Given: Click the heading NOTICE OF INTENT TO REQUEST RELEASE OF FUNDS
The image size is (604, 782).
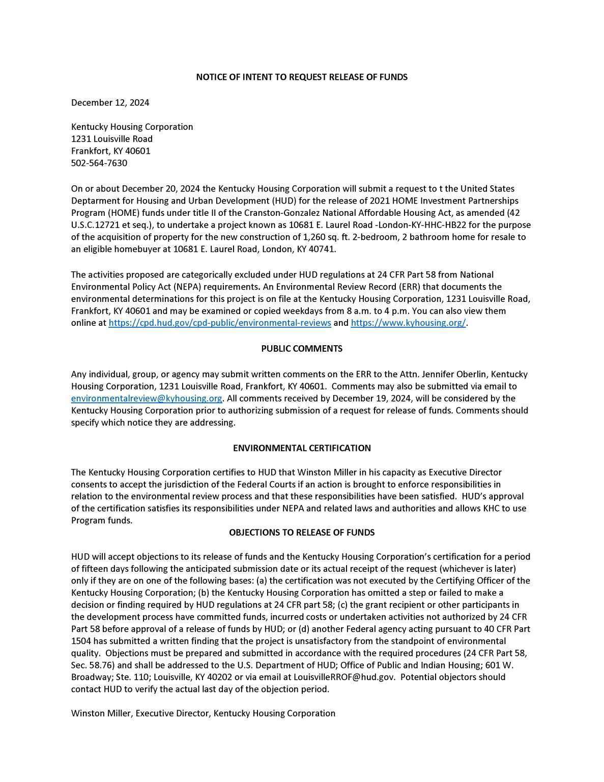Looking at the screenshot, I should pos(302,77).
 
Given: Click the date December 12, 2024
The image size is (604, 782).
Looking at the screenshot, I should pos(110,103).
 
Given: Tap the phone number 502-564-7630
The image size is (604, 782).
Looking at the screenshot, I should pos(99,163).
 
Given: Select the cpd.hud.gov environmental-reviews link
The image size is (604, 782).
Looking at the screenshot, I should pos(220,323).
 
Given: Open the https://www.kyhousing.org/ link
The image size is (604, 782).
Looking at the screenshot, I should pos(408,323).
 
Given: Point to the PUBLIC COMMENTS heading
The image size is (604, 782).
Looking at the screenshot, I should pos(302,349).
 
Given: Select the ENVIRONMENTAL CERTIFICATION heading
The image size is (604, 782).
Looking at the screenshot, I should pos(302,449).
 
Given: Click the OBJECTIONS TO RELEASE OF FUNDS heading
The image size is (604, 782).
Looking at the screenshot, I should pos(302,533).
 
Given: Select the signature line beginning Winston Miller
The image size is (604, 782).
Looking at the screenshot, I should pos(203,714).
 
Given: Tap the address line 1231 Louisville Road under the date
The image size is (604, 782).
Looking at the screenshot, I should pos(112,139).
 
